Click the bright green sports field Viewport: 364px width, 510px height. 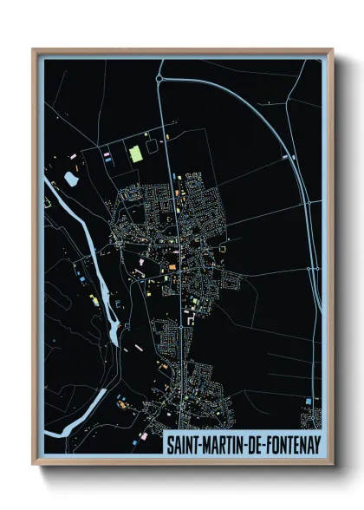[x=135, y=154]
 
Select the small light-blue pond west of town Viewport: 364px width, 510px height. [x=70, y=180]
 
